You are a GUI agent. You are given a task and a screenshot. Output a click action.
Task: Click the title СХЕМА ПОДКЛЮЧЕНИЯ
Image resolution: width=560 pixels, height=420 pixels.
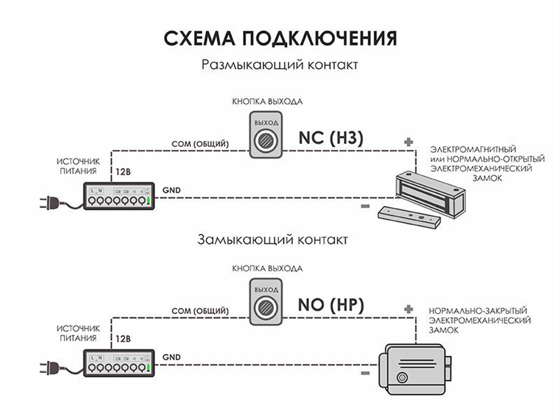(x=280, y=39)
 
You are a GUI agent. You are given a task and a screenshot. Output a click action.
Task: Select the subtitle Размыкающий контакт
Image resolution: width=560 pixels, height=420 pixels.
(x=280, y=65)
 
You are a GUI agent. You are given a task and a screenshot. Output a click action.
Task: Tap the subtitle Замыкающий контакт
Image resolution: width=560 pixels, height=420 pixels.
(x=273, y=240)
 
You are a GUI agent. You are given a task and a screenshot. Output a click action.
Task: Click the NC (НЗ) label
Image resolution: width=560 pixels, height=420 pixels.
(x=331, y=138)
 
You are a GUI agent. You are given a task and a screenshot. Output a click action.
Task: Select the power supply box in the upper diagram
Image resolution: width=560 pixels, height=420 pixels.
(x=119, y=196)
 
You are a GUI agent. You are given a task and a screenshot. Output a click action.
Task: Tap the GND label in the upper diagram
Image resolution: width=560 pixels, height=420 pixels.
(x=171, y=190)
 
